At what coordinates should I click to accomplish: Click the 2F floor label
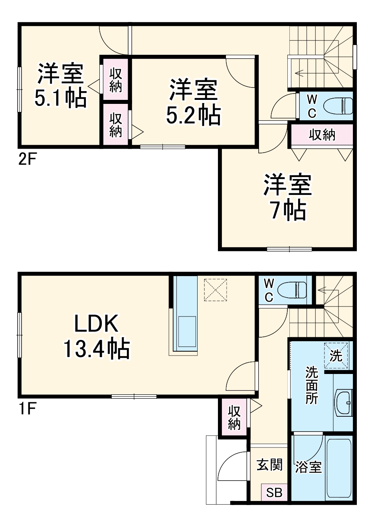pos(28,159)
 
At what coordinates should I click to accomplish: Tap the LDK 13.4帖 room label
pos(96,336)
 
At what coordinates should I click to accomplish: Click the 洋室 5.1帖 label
pos(61,86)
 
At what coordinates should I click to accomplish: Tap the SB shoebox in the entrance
pos(274,493)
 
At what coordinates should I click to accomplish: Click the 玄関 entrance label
pos(269,465)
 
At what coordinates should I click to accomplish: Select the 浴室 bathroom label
pos(309,467)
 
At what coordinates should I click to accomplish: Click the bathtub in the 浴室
pos(338,467)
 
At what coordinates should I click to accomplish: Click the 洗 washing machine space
pos(336,355)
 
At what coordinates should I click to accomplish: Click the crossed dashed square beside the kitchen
pos(215,290)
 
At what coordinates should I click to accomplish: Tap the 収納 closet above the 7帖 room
pos(322,135)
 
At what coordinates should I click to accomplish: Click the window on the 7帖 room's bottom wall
pos(289,249)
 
